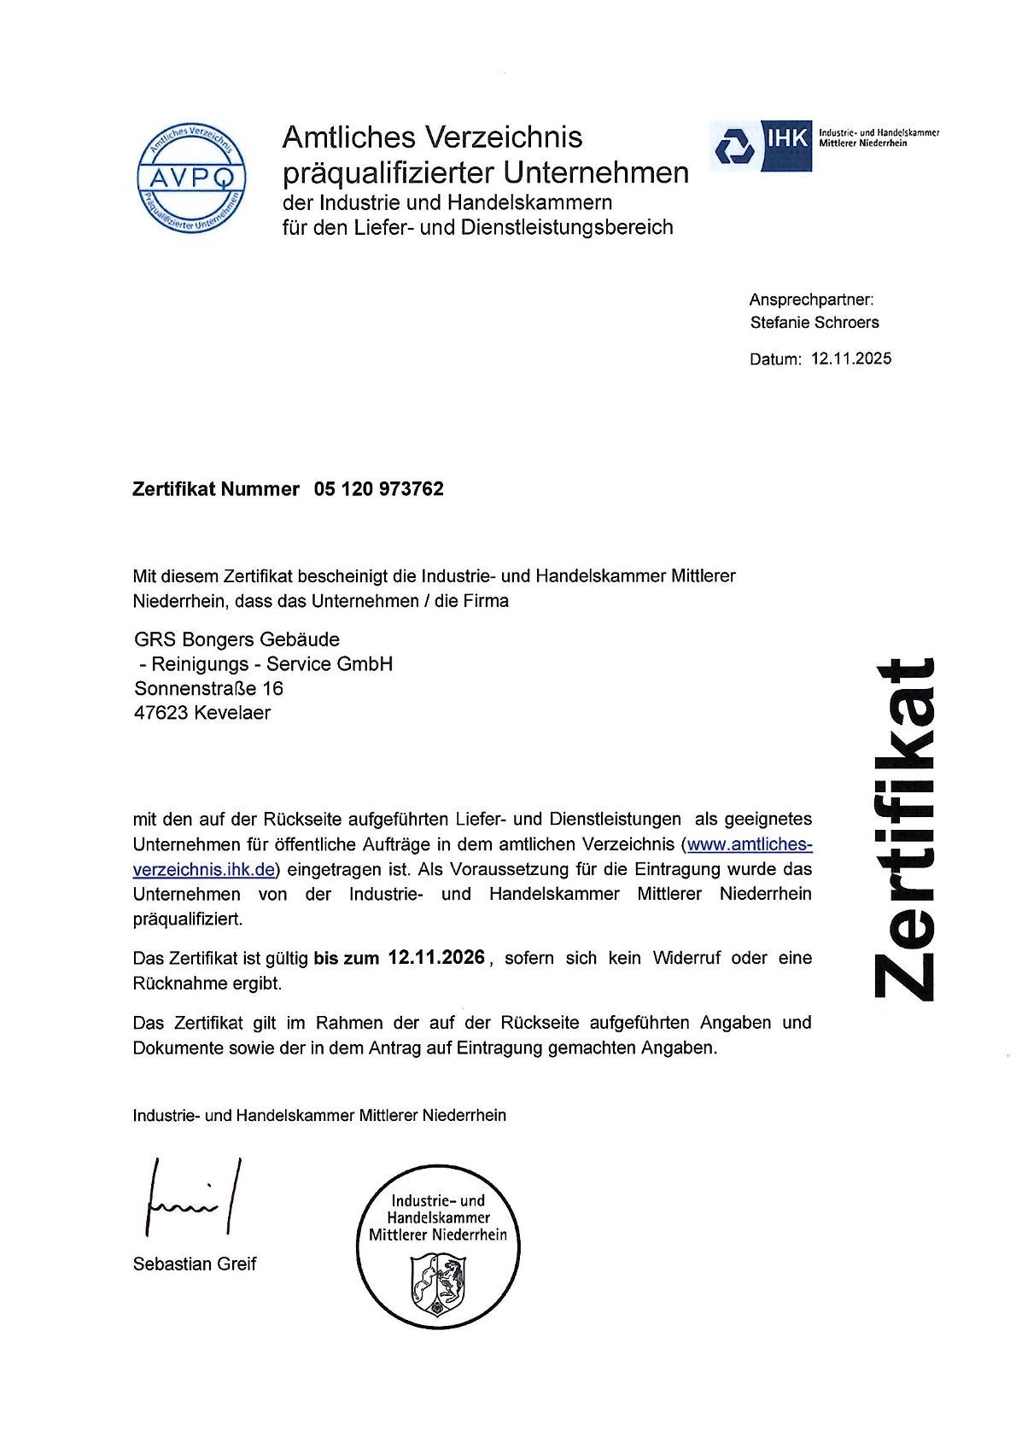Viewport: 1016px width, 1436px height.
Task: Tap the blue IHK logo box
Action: (761, 144)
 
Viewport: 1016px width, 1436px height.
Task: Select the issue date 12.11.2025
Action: (851, 359)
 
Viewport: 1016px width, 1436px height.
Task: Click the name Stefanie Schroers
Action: (814, 322)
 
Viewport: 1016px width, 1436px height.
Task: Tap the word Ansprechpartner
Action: (810, 300)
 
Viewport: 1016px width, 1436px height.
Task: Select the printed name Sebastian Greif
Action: (195, 1264)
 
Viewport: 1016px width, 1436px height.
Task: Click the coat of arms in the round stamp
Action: (437, 1285)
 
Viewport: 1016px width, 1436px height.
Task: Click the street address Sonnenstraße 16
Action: (209, 688)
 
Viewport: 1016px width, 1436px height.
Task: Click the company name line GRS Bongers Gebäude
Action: (236, 639)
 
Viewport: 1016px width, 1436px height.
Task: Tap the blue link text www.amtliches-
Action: (749, 844)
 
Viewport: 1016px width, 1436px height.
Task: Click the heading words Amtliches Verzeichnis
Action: (432, 137)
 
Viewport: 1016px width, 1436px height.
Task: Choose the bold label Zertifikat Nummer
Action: (216, 489)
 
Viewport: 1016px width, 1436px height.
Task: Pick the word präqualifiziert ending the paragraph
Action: (187, 919)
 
